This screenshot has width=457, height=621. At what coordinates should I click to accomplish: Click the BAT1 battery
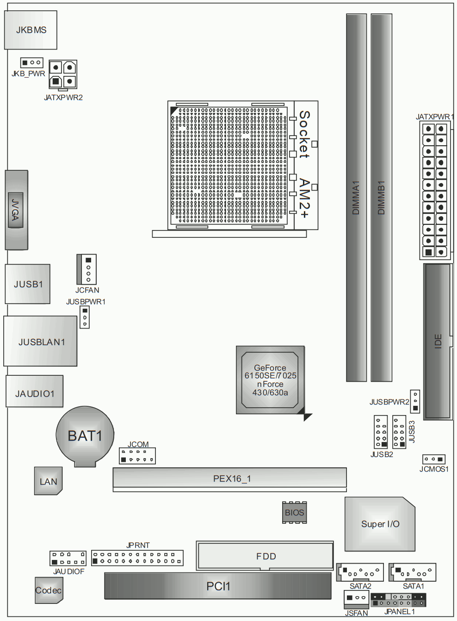coord(85,436)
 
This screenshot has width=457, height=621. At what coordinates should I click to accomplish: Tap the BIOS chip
coord(294,513)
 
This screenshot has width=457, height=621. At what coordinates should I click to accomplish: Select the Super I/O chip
coord(380,524)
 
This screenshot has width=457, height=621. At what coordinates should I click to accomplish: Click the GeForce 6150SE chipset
coord(270,380)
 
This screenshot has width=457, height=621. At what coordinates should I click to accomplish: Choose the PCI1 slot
coord(218,586)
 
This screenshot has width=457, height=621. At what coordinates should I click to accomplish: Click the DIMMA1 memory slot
coord(357,198)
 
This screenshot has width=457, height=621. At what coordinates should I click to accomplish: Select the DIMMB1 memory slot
coord(381,198)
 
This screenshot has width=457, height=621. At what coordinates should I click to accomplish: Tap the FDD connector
coord(265,556)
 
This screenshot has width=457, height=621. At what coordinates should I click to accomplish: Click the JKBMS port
coord(31,30)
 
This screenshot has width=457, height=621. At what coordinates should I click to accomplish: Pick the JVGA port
coord(16,210)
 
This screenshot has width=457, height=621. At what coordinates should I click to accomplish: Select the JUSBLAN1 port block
coord(40,341)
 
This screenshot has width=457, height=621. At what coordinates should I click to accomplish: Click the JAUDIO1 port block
coord(35,391)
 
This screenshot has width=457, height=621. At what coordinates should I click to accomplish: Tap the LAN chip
coord(48,481)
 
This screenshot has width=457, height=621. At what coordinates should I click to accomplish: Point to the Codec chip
coord(49,590)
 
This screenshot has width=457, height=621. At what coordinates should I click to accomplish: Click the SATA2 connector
coord(360,572)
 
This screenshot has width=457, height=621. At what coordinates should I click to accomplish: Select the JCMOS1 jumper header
coord(434,459)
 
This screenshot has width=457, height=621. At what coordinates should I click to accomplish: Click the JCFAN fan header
coord(86,269)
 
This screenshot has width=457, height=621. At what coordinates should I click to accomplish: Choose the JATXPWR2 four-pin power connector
coord(63,75)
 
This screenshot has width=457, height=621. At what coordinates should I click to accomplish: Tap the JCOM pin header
coord(137,455)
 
